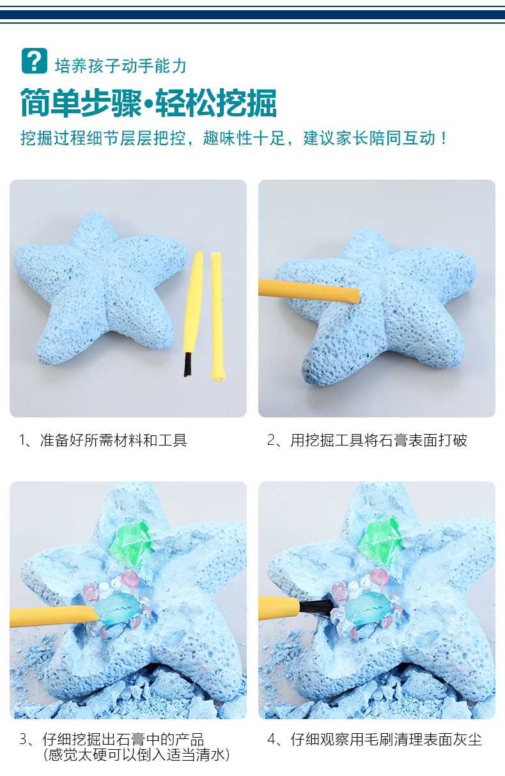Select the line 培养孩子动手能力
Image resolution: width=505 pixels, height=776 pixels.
tap(121, 65)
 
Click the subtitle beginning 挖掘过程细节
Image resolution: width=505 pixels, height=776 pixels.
tap(234, 138)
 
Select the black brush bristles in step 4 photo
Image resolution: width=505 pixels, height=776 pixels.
tap(313, 608)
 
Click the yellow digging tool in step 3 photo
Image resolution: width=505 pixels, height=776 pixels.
tap(51, 617)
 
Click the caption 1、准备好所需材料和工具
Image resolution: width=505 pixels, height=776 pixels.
tap(103, 440)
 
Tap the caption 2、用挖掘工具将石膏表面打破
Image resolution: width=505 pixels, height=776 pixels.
tap(367, 440)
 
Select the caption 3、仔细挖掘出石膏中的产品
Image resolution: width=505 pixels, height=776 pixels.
tap(112, 740)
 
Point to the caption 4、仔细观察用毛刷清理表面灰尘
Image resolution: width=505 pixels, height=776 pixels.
tap(375, 740)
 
